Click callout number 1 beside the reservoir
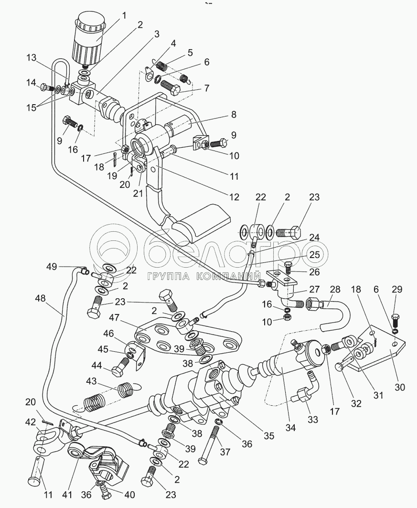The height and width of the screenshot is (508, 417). [124, 15]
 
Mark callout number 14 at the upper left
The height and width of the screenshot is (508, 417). [31, 82]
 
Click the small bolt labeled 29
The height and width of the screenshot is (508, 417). [396, 319]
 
